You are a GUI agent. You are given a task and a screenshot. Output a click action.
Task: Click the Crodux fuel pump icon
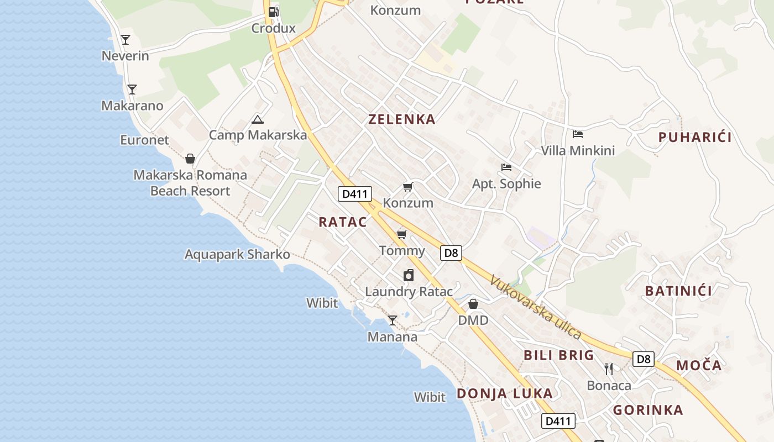coord(273,12)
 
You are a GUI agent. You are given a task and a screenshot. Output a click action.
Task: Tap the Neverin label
coord(125,56)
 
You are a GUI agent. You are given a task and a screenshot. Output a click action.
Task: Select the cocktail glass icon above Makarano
coord(132,89)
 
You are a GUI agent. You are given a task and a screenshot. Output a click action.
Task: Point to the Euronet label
coord(145,140)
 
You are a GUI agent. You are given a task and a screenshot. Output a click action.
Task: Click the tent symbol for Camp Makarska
coord(257,119)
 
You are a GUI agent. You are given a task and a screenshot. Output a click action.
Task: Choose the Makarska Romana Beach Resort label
coord(190,183)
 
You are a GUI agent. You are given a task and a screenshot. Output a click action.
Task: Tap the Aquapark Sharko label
coord(237,255)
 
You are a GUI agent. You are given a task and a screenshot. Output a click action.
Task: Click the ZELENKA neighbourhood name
coord(402,119)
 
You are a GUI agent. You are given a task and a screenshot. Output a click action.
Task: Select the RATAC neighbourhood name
coord(343,222)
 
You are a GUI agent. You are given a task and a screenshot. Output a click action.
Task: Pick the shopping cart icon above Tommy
coord(402,235)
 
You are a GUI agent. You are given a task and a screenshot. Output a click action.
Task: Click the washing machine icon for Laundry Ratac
coord(409,275)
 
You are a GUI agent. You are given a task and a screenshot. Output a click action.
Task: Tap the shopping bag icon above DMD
coord(473,304)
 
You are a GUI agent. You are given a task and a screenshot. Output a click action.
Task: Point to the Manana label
coord(393,336)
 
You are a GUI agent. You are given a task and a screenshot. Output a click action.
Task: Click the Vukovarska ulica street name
coord(535,308)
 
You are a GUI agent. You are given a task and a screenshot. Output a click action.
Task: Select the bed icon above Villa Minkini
coord(578,134)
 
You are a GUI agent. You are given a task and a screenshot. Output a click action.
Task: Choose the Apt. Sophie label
coord(506,183)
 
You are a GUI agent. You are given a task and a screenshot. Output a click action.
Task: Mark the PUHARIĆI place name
coord(695,138)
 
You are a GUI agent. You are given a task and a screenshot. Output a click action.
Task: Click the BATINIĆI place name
coord(678,291)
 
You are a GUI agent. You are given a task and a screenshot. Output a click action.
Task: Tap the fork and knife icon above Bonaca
coord(609,369)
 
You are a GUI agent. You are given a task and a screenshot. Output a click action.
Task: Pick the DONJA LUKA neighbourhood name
coord(505,393)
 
